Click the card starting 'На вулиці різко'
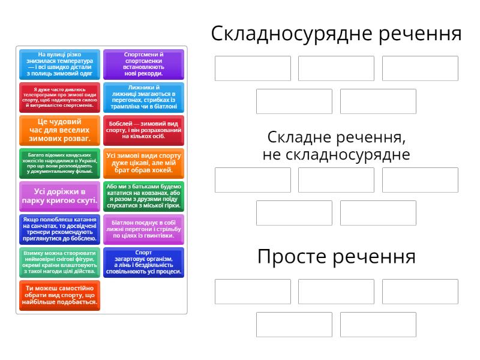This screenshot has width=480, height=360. pyautogui.click(x=59, y=64)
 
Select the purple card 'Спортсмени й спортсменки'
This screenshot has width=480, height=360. pyautogui.click(x=143, y=64)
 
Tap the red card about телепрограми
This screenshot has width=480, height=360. pyautogui.click(x=59, y=97)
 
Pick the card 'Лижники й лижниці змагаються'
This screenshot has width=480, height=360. pyautogui.click(x=143, y=97)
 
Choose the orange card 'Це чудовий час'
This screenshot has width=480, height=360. pyautogui.click(x=59, y=130)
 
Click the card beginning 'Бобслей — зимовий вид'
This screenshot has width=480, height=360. pyautogui.click(x=143, y=130)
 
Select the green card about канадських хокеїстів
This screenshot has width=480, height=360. pyautogui.click(x=59, y=163)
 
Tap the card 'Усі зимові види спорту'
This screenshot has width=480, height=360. pyautogui.click(x=143, y=163)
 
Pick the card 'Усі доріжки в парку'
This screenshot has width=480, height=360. pyautogui.click(x=59, y=196)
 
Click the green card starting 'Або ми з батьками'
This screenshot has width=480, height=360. pyautogui.click(x=143, y=196)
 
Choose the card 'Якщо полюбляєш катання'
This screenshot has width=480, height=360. pyautogui.click(x=59, y=229)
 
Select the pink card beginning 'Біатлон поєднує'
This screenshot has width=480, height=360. pyautogui.click(x=143, y=229)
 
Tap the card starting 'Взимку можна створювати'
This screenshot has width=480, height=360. pyautogui.click(x=59, y=262)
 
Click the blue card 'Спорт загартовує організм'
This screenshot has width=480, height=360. pyautogui.click(x=143, y=262)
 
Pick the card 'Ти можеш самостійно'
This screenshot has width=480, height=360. pyautogui.click(x=59, y=295)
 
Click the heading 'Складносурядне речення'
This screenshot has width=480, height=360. pyautogui.click(x=336, y=34)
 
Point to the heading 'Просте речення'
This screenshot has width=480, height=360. pyautogui.click(x=336, y=257)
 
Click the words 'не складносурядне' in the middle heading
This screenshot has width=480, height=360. pyautogui.click(x=336, y=155)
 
